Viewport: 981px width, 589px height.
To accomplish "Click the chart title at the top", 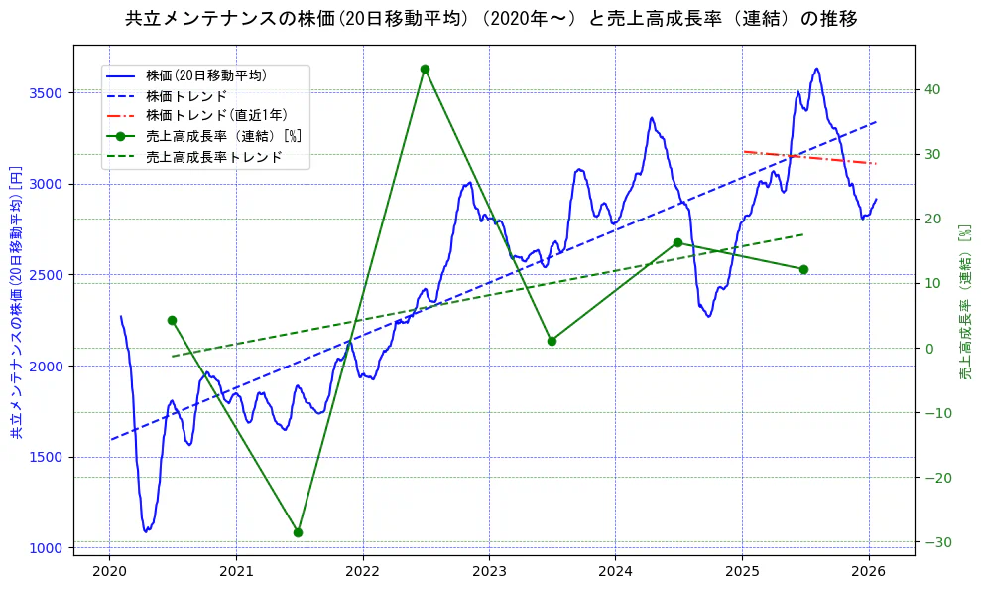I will tap(491, 19).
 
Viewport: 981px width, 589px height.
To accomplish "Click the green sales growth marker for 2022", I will tap(425, 69).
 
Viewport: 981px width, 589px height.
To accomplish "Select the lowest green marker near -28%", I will tap(298, 532).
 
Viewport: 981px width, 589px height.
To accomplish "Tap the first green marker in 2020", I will tap(172, 320).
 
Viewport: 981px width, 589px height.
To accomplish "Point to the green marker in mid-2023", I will tap(552, 341).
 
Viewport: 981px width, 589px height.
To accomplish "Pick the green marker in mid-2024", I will tap(677, 242).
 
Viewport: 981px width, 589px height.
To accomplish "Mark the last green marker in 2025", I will tap(803, 269).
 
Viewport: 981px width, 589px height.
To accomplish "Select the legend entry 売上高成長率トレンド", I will tap(213, 157).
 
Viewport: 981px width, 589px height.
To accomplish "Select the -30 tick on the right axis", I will tap(935, 542).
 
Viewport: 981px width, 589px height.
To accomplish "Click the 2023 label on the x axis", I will tap(489, 571).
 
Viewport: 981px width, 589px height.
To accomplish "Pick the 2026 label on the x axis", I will tap(869, 571).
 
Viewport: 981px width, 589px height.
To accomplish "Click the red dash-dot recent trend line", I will tap(808, 157).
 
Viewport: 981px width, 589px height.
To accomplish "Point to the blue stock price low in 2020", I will tap(146, 531).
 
